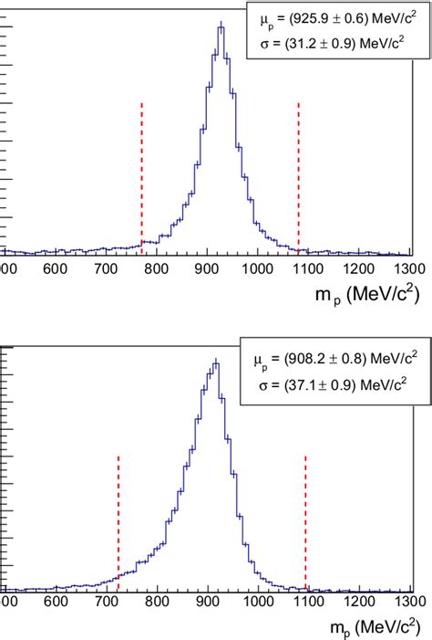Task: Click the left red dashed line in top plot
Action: pyautogui.click(x=141, y=173)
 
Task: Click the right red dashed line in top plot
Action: pyautogui.click(x=298, y=173)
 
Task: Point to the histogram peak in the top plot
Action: pyautogui.click(x=221, y=26)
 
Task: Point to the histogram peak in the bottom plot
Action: pyautogui.click(x=216, y=362)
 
